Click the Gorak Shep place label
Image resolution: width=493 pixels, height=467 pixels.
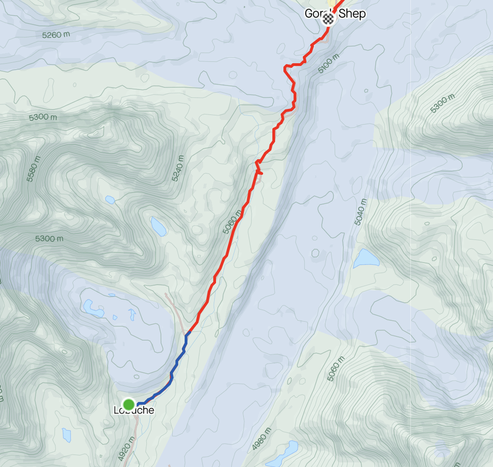335,14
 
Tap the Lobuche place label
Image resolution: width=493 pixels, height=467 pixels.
133,410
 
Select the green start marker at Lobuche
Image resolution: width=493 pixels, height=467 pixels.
128,404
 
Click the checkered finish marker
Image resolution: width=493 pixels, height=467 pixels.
328,18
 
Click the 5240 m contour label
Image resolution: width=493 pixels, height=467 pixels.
178,168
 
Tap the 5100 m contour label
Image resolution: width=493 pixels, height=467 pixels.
329,64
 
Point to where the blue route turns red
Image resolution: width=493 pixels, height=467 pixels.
188,332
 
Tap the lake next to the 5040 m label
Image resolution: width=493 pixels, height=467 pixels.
366,258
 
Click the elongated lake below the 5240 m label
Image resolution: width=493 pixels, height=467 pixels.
158,226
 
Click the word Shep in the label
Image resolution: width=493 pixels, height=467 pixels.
352,14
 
